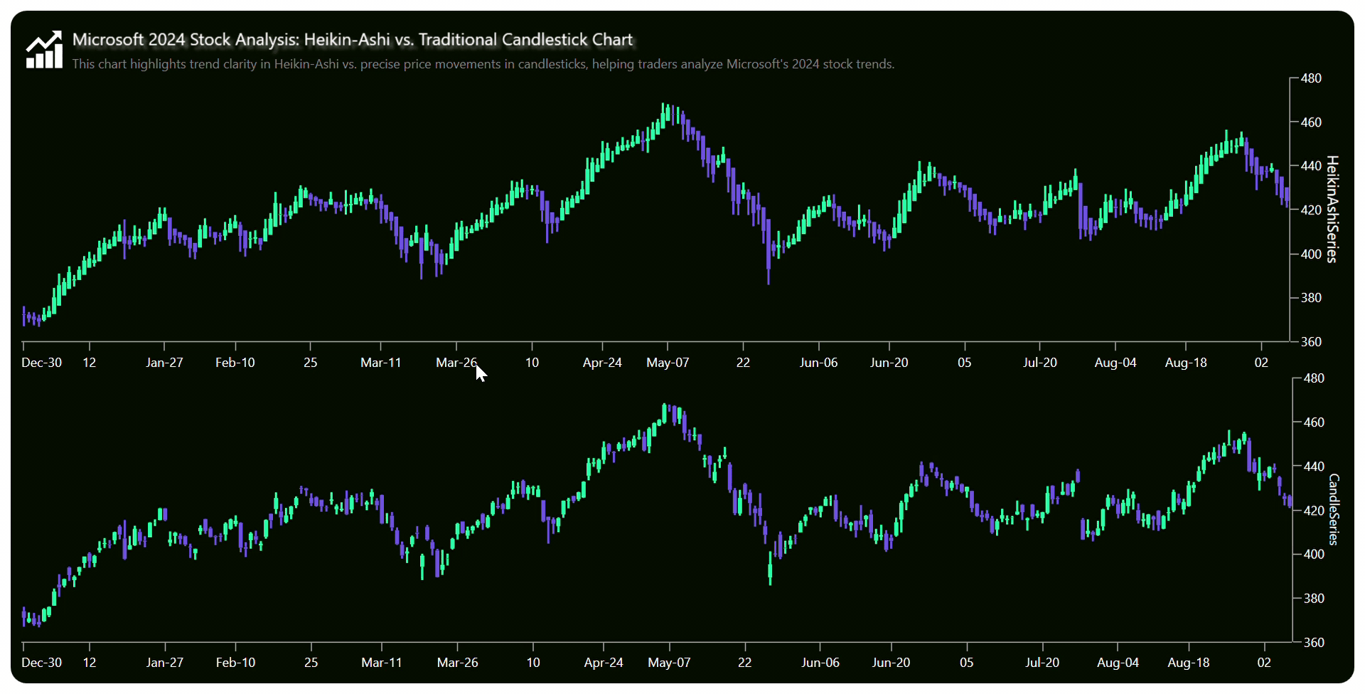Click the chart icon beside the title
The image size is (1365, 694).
[44, 50]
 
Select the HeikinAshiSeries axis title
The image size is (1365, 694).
[1332, 209]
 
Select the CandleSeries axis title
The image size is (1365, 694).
[1334, 509]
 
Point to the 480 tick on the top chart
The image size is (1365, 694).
[1311, 78]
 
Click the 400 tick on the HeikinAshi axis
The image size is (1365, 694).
[1311, 254]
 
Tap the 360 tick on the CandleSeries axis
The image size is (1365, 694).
[1314, 642]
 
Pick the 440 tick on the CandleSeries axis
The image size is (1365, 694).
[1314, 466]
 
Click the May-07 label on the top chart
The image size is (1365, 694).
[668, 363]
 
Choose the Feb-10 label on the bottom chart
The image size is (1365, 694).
[235, 663]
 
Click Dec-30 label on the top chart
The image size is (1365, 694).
[41, 363]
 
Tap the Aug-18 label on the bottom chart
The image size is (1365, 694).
[1188, 663]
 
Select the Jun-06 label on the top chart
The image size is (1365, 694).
[818, 363]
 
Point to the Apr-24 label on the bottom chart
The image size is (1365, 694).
[604, 663]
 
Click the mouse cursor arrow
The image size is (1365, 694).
[481, 373]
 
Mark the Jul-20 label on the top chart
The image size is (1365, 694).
[1039, 363]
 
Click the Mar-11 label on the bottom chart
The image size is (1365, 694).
[381, 663]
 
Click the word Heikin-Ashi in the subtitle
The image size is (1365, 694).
[306, 64]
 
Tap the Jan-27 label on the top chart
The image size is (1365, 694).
[164, 363]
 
